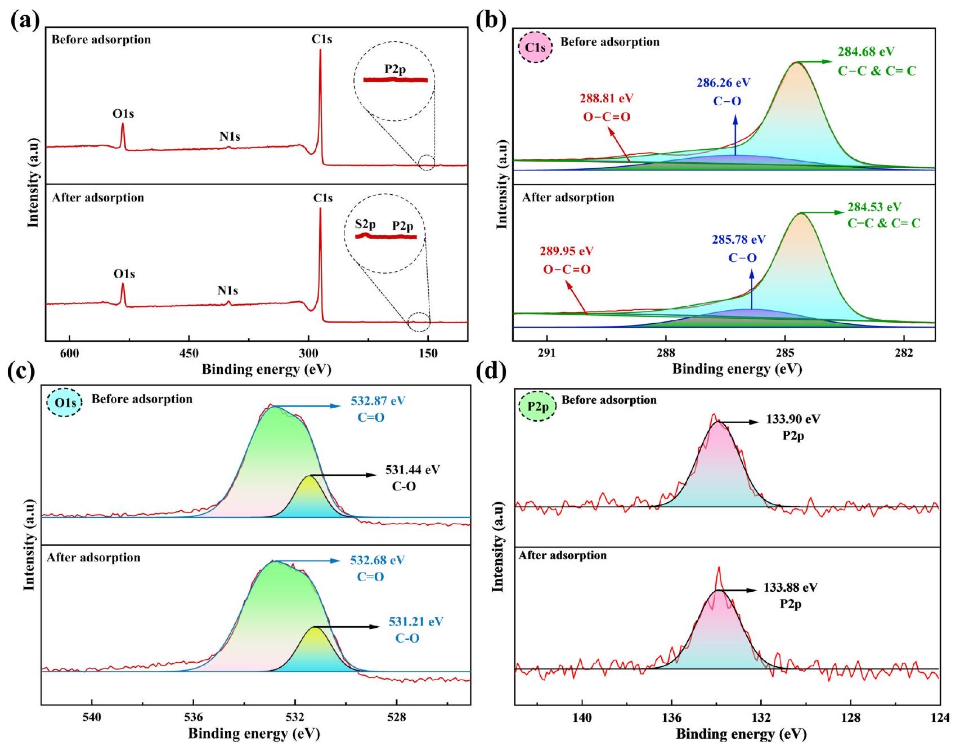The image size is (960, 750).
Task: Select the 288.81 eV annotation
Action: click(606, 99)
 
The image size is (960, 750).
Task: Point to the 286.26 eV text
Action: click(723, 83)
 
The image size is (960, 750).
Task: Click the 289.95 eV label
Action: click(567, 251)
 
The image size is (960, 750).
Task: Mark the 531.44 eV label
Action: click(412, 470)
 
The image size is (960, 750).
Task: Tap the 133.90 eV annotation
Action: click(793, 419)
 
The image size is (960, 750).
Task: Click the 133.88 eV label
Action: click(790, 588)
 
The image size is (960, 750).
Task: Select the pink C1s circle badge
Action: click(536, 47)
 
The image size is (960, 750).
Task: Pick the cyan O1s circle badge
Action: click(64, 404)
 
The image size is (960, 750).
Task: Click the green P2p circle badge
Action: click(537, 406)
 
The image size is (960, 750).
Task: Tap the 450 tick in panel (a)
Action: click(189, 354)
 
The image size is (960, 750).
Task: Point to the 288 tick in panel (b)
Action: click(666, 354)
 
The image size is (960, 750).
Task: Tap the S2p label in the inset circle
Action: click(365, 224)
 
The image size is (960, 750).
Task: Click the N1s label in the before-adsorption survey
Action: click(230, 137)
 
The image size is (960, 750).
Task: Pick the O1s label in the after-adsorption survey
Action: click(124, 274)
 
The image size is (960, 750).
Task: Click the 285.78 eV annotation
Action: click(738, 240)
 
